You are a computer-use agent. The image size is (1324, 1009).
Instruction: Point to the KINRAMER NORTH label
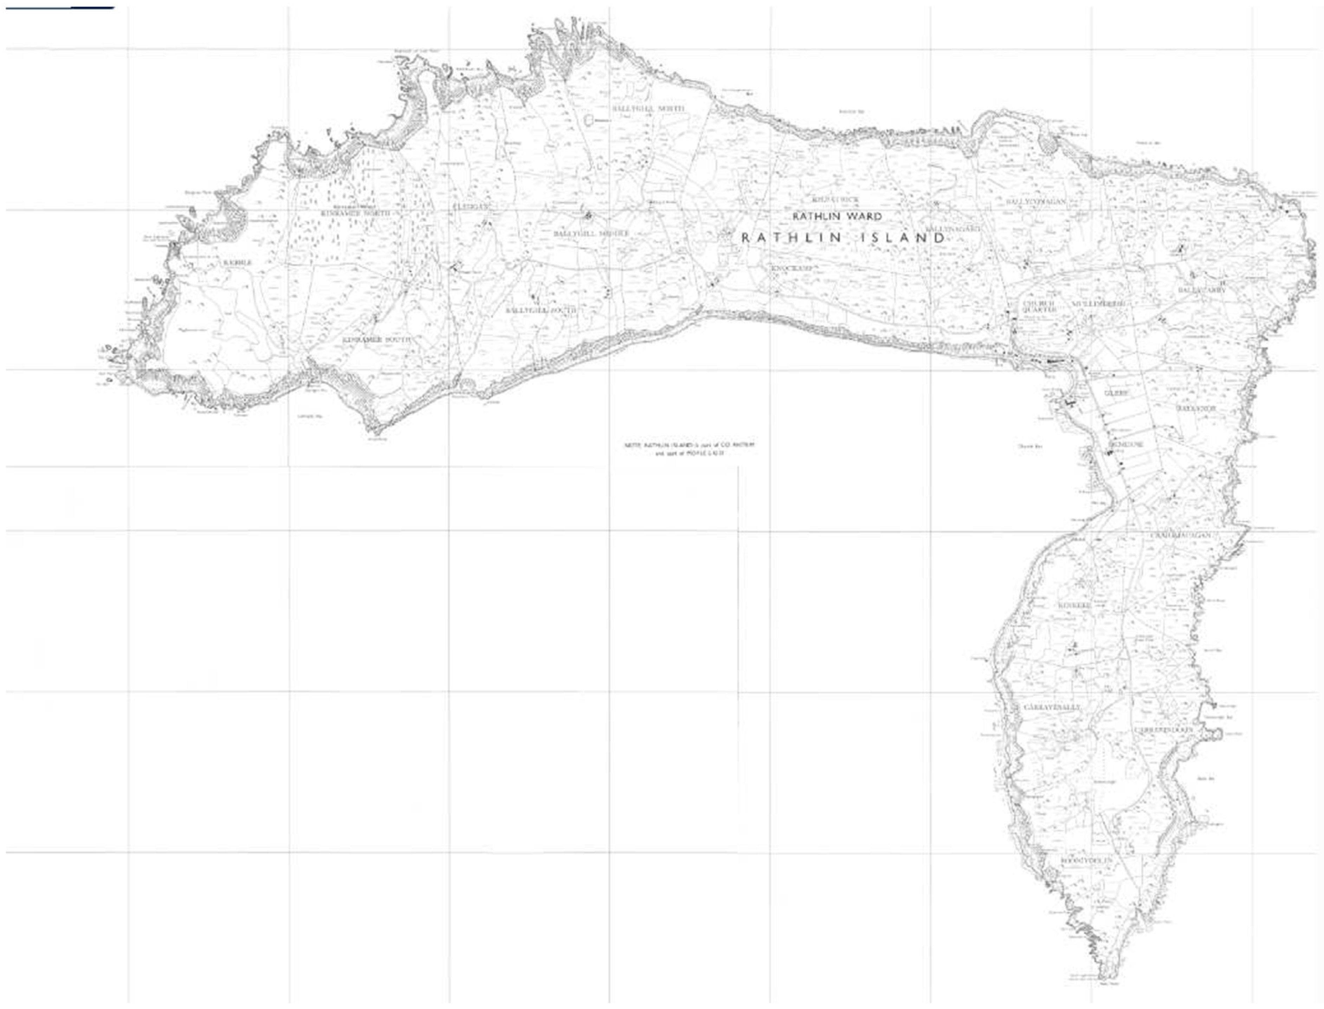(x=355, y=213)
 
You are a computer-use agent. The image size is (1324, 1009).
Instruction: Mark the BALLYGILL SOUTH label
(x=541, y=310)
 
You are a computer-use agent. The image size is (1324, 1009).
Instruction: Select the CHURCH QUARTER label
(x=1039, y=307)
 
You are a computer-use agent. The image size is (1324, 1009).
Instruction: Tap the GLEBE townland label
(x=1117, y=393)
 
